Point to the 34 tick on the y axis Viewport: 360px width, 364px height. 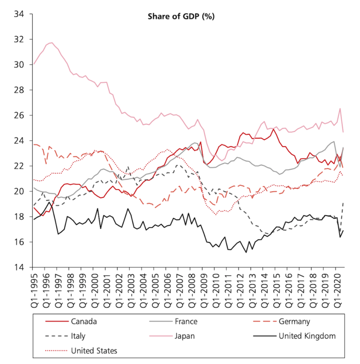[19, 14]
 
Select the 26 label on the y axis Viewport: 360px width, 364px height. [19, 115]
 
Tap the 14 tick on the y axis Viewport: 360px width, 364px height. [19, 267]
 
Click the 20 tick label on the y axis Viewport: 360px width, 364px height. [19, 191]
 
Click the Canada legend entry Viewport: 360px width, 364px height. [84, 322]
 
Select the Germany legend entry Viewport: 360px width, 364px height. [294, 322]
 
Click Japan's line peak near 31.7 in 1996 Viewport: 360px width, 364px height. [51, 43]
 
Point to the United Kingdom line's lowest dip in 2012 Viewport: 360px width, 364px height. [247, 252]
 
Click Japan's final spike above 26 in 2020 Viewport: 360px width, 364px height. [339, 109]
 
